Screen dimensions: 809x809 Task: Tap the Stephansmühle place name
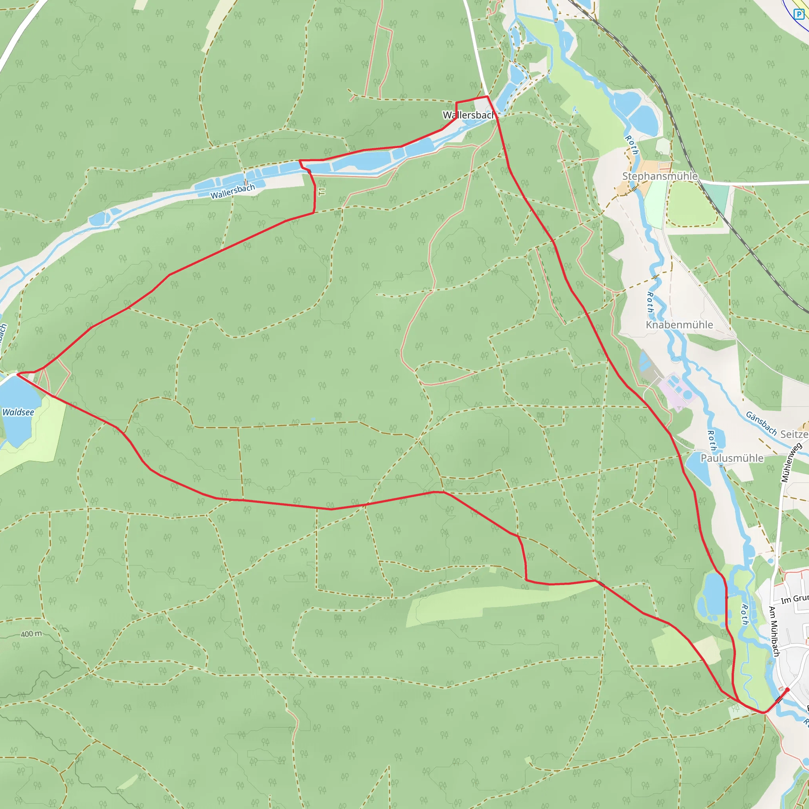[x=660, y=176]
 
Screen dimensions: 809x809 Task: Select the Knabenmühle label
[x=679, y=325]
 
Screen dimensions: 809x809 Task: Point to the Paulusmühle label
[x=732, y=458]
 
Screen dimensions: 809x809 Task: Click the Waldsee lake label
[x=18, y=412]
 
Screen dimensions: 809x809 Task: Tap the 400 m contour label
[x=32, y=634]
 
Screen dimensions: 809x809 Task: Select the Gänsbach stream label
[x=761, y=423]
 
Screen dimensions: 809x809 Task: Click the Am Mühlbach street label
[x=774, y=631]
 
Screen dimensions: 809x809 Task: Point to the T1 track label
[x=322, y=191]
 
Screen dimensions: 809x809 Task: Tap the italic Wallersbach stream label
[x=232, y=191]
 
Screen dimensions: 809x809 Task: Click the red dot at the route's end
[x=787, y=689]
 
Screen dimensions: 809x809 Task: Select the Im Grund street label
[x=794, y=599]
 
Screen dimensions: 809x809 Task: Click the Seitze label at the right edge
[x=794, y=434]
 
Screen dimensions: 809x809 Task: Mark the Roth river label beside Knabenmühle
[x=650, y=302]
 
